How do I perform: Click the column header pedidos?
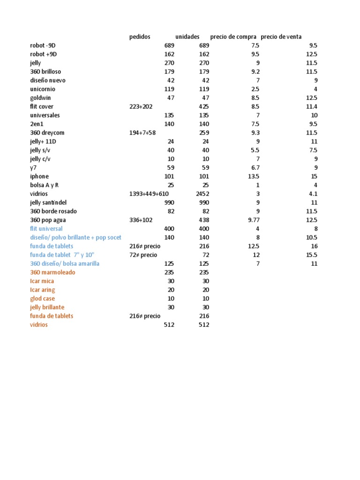(140, 37)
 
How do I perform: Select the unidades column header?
(187, 37)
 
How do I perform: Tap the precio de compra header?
(233, 37)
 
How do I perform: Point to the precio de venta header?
(281, 37)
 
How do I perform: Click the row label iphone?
(39, 176)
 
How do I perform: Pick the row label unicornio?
(43, 89)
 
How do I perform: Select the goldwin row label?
(40, 98)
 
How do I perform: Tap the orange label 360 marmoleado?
(52, 272)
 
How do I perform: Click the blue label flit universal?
(46, 229)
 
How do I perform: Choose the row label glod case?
(43, 299)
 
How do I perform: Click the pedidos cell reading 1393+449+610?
(149, 194)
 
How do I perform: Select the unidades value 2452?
(202, 194)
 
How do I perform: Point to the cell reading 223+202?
(141, 107)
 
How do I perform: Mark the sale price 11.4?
(312, 107)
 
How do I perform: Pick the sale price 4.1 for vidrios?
(313, 194)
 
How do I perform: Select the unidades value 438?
(204, 220)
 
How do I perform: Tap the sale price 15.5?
(312, 255)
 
